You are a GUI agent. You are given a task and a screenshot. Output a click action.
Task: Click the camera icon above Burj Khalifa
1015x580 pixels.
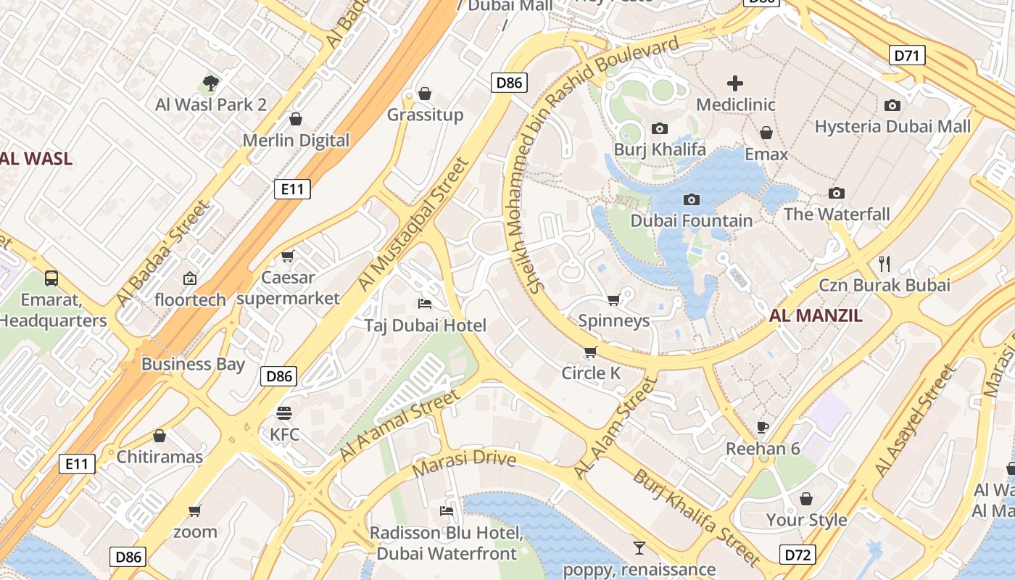click(x=659, y=128)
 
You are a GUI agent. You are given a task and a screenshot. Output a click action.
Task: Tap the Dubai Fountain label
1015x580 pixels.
click(x=691, y=220)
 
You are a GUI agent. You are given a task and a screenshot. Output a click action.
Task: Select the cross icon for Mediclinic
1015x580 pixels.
click(x=735, y=83)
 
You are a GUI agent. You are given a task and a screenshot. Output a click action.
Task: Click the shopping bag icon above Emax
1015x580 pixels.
click(x=766, y=133)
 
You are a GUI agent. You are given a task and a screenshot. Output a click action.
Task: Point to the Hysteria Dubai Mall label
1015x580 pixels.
click(x=892, y=126)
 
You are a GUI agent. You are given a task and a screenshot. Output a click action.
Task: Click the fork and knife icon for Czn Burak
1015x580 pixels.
click(x=884, y=263)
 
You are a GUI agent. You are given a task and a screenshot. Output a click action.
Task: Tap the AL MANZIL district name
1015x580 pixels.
click(x=816, y=315)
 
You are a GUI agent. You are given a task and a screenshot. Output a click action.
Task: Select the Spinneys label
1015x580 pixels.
click(x=613, y=320)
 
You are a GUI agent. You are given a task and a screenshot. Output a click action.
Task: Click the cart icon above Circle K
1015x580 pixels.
click(x=591, y=352)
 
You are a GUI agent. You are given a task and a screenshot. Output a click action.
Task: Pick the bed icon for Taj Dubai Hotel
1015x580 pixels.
click(x=425, y=303)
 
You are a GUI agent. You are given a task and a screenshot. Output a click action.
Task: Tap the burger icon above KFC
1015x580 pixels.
click(x=284, y=413)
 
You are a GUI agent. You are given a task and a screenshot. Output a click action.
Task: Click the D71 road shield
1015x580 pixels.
click(x=906, y=54)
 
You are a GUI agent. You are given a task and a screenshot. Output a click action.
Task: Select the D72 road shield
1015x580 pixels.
click(x=797, y=555)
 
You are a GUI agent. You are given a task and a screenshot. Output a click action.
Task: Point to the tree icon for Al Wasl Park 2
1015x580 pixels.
click(x=211, y=83)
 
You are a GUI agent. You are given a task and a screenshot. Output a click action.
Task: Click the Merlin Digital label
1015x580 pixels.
click(x=296, y=140)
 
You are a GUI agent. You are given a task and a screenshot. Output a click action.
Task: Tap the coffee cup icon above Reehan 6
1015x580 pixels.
click(x=762, y=427)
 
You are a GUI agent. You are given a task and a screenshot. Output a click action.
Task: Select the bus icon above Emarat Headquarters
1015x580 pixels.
click(x=51, y=278)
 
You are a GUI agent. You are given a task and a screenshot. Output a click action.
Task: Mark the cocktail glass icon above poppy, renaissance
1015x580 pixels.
click(x=639, y=548)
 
